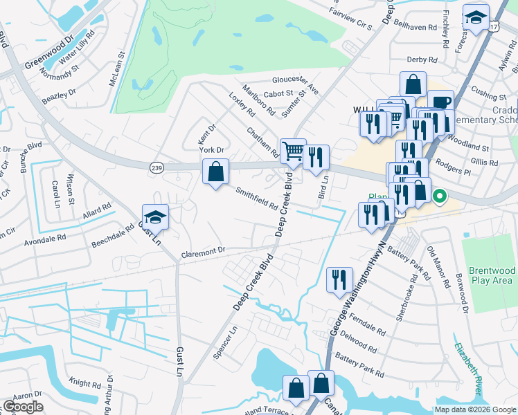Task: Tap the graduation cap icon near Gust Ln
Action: point(155,217)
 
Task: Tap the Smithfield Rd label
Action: point(256,199)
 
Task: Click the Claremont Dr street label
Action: point(204,252)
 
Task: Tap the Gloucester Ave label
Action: point(296,84)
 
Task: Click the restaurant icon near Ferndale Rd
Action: point(339,279)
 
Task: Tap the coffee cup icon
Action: point(440,102)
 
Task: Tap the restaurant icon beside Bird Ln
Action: point(316,157)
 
